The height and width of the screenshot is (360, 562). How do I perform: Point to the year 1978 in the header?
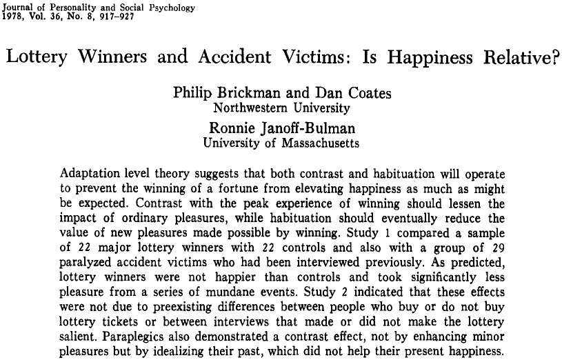click(14, 17)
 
